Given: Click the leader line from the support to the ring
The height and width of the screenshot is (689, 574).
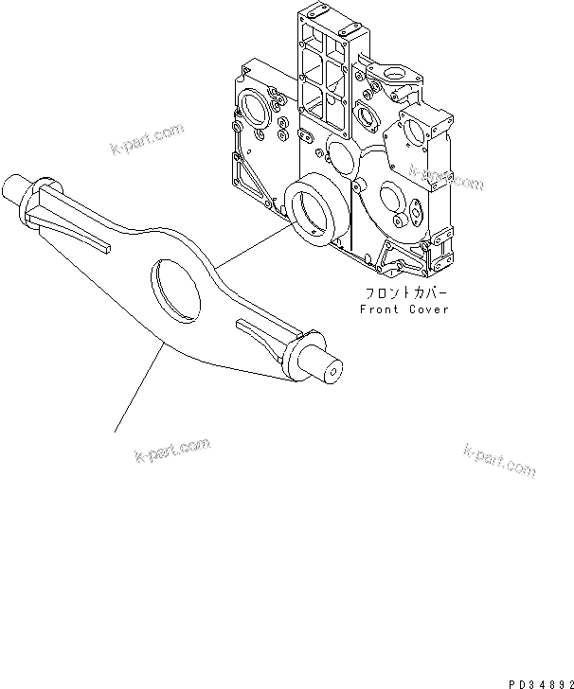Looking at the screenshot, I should [248, 244].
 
